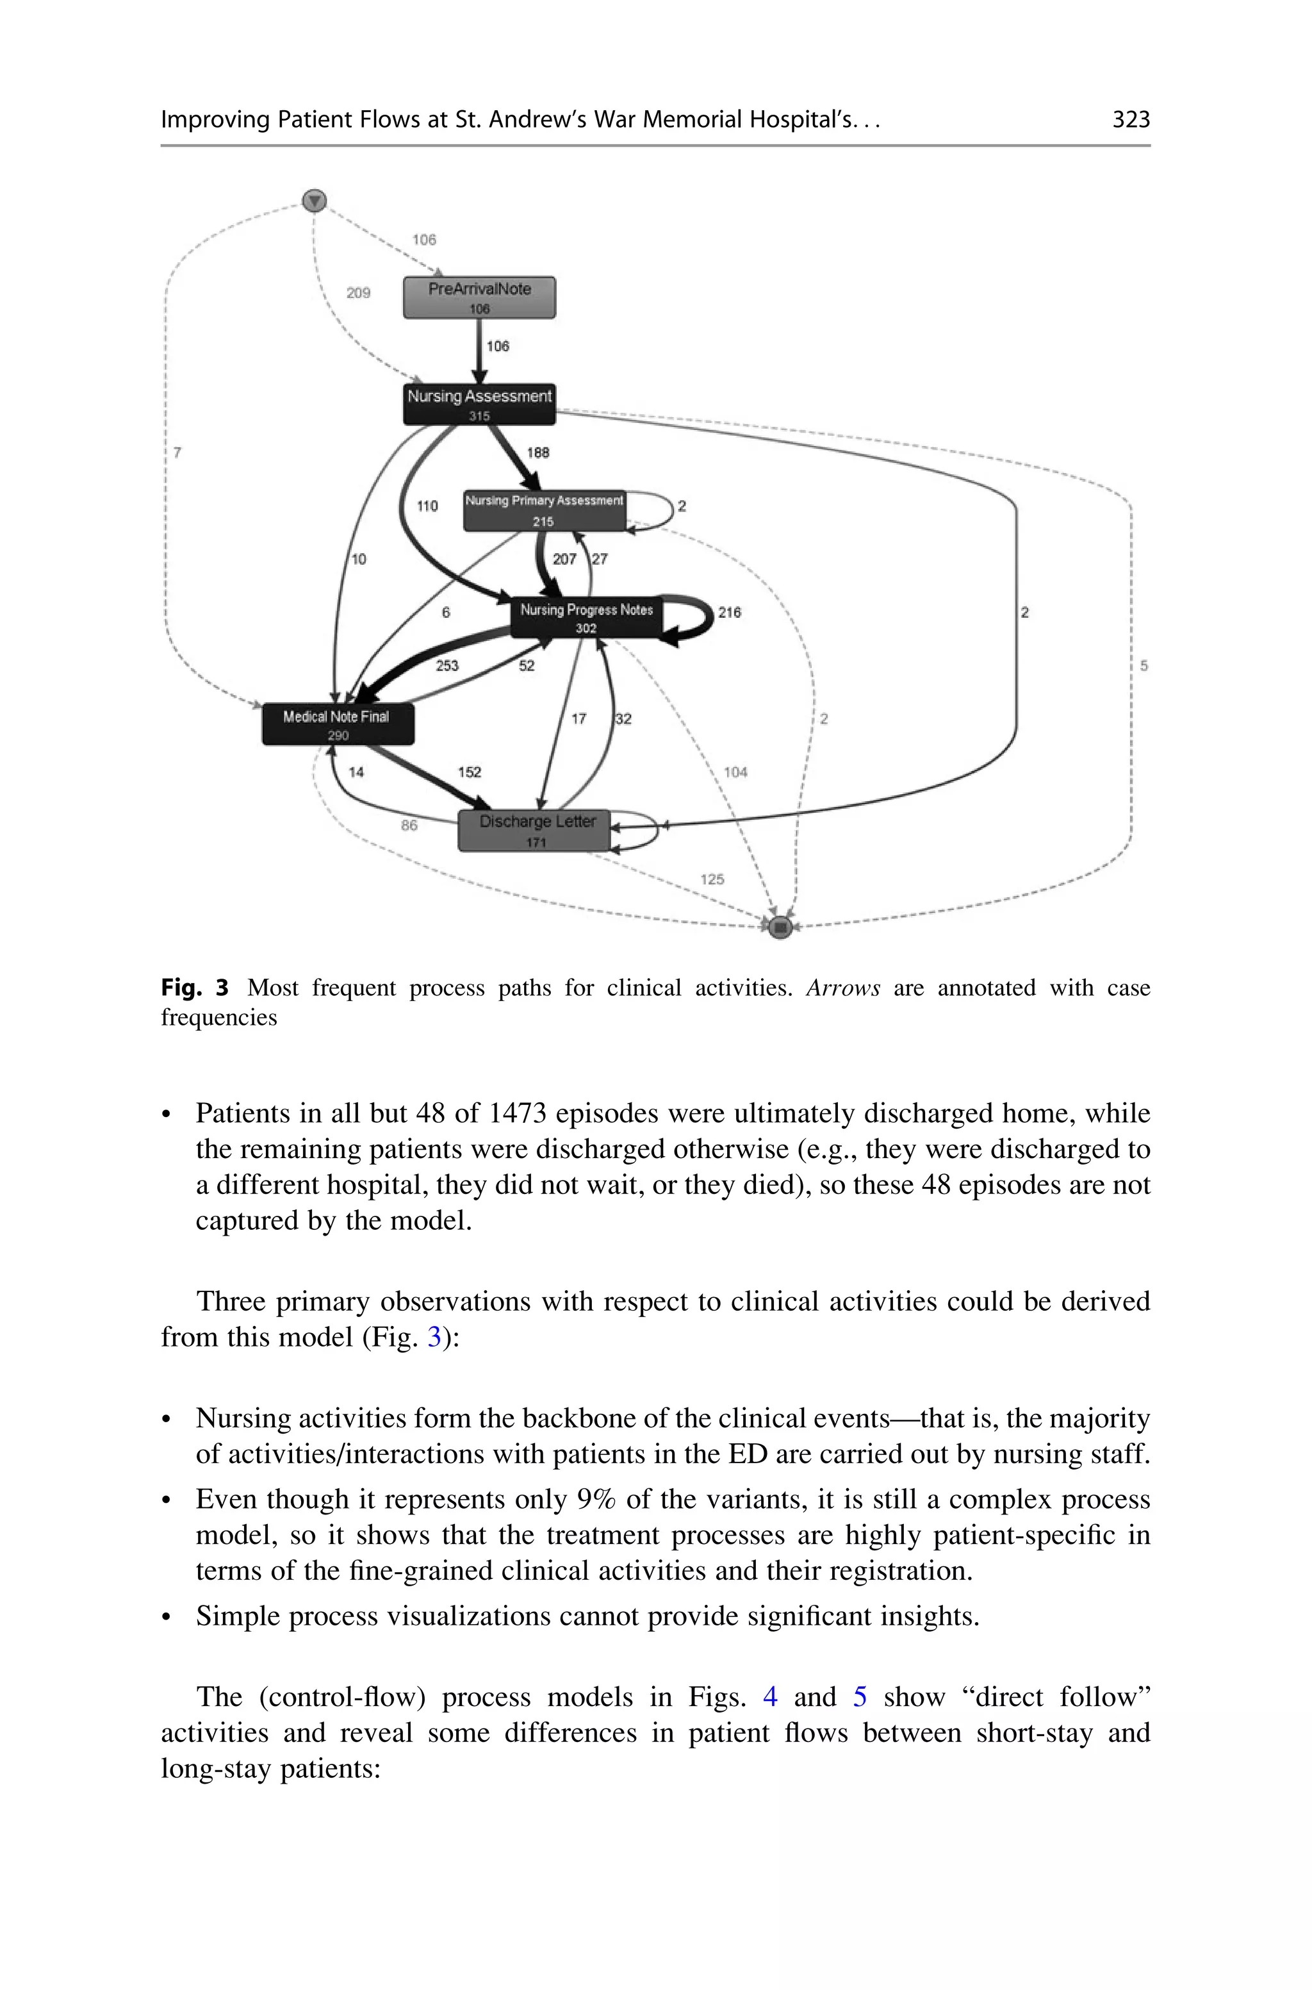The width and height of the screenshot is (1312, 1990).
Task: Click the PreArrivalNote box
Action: click(x=479, y=297)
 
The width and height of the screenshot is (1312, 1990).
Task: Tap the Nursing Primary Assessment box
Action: click(x=544, y=510)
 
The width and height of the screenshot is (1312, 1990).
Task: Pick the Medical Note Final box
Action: click(x=337, y=724)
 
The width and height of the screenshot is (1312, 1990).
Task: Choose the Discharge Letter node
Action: click(x=536, y=830)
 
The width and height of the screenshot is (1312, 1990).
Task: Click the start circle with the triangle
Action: click(x=314, y=201)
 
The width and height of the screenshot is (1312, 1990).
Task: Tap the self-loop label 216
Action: click(x=729, y=613)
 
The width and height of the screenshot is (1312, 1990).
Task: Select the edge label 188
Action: click(x=537, y=452)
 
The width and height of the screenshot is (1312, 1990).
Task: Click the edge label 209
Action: click(x=358, y=293)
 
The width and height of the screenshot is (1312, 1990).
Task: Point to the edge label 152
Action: click(x=470, y=772)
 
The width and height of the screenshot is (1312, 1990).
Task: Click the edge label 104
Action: click(x=735, y=772)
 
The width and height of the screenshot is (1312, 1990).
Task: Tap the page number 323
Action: click(x=1131, y=120)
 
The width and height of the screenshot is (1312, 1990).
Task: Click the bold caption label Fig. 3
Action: click(x=194, y=988)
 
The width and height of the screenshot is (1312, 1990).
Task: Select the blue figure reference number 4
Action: click(x=770, y=1696)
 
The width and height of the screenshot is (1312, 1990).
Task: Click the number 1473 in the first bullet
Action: click(x=517, y=1113)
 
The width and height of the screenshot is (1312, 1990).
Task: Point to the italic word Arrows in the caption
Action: click(x=842, y=988)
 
